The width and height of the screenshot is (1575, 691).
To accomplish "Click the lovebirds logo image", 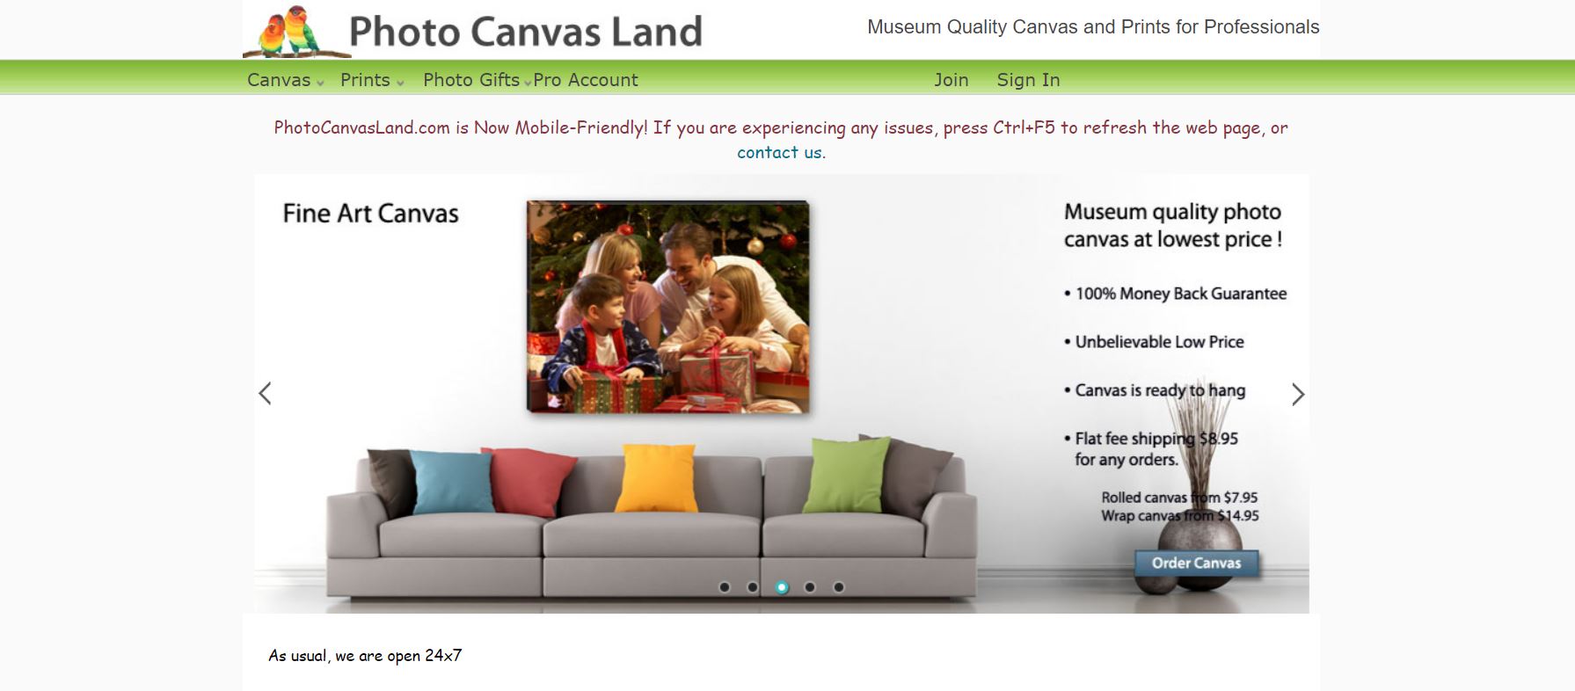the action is point(296,32).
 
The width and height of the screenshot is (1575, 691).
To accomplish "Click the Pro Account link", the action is point(586,80).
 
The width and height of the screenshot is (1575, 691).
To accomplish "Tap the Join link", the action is point(952,80).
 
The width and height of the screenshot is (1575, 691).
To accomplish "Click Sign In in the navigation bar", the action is point(1028,80).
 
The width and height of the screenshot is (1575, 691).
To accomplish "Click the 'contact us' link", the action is point(779,152).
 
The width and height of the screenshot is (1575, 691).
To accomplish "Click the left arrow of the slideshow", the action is point(265,393).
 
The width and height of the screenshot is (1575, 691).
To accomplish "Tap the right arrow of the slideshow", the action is point(1298,394).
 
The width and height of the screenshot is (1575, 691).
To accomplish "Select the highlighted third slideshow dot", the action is point(782,587).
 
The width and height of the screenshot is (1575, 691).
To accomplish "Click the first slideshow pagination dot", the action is point(725,587).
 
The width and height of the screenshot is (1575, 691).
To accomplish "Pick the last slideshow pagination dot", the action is point(839,587).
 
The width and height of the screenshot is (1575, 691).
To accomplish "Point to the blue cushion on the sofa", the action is point(453,482).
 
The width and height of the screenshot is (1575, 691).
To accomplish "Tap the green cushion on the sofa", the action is point(848,475).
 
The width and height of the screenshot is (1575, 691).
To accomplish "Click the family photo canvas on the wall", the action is point(668,306).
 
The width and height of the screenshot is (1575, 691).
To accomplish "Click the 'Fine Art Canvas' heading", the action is point(371,214).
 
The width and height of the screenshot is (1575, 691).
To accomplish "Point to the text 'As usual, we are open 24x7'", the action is point(365,656).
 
